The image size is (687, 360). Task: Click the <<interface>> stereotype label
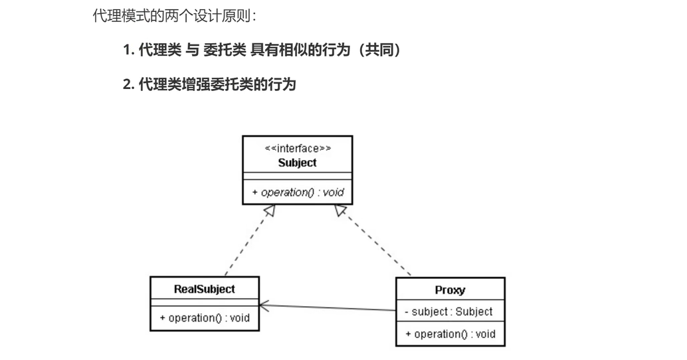click(298, 149)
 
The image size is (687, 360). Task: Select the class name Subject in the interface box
click(298, 163)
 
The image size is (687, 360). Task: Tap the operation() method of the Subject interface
click(298, 192)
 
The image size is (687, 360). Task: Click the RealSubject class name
click(205, 289)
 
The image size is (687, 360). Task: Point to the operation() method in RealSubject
click(205, 318)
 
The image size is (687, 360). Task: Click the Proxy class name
click(450, 290)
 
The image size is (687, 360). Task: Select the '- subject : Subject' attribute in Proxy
click(448, 312)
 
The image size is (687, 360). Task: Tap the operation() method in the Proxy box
click(450, 334)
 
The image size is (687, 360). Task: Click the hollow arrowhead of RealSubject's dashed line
click(270, 211)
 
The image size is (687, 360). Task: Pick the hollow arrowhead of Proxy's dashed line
click(340, 211)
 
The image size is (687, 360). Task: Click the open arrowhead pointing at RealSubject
click(264, 306)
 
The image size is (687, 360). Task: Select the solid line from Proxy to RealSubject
click(328, 308)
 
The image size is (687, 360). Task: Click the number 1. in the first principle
click(128, 50)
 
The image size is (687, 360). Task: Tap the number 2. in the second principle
click(129, 84)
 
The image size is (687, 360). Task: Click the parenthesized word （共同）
click(379, 50)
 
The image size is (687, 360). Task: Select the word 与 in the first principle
click(192, 50)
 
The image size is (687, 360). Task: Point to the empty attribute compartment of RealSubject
click(205, 303)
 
